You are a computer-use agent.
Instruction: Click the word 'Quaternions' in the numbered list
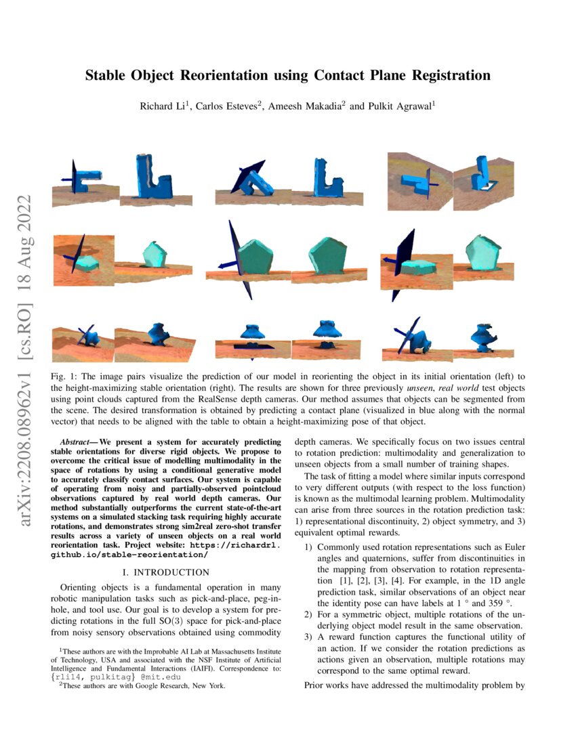pos(370,558)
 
